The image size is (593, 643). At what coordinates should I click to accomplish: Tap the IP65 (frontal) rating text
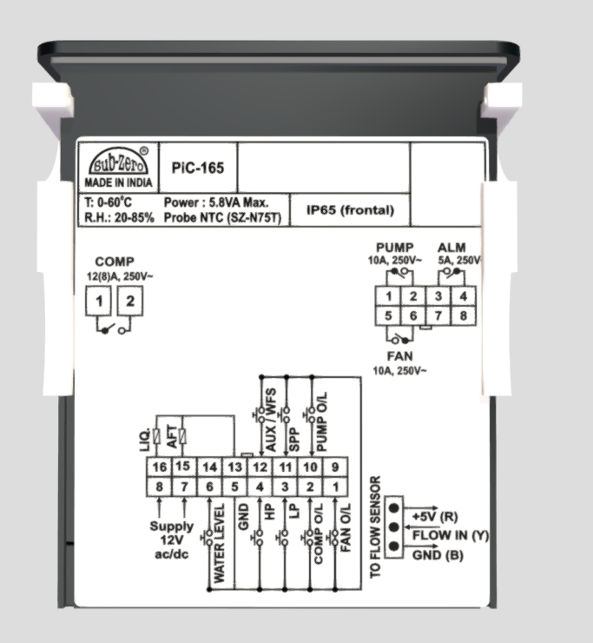351,209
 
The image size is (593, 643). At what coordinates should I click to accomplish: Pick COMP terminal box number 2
130,302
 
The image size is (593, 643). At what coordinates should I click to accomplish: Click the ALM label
451,248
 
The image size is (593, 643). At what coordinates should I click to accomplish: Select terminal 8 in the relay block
465,315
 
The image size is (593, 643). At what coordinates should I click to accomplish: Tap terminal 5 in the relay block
390,315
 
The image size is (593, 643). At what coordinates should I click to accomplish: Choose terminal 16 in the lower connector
159,467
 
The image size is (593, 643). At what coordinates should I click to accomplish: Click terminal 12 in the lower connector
260,467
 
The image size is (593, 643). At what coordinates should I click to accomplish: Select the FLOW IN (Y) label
450,535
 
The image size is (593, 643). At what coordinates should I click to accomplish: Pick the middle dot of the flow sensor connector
393,527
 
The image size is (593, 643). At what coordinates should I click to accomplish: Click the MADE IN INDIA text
118,183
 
